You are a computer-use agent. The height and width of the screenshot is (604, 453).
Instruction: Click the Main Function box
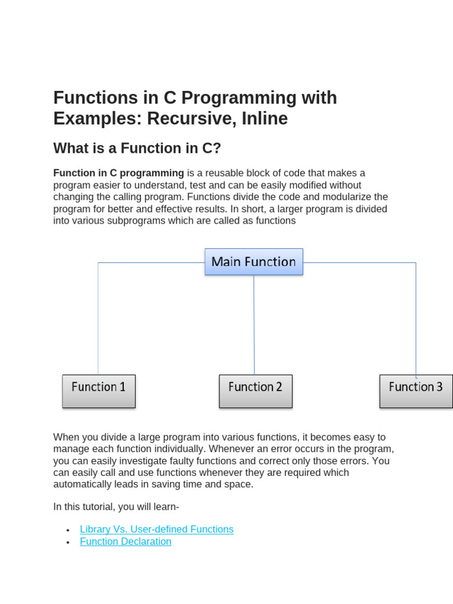point(254,262)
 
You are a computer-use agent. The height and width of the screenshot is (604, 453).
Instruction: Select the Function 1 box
point(99,390)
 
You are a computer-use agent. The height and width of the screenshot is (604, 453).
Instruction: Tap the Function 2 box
point(255,390)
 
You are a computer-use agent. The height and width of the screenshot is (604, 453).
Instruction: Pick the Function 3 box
point(416,390)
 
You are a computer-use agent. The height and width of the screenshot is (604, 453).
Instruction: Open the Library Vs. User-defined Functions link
point(156,529)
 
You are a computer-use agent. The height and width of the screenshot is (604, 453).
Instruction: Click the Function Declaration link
point(126,541)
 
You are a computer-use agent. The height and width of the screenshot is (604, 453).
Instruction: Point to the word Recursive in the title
point(183,119)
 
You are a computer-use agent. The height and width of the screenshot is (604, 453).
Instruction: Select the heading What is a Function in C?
point(137,148)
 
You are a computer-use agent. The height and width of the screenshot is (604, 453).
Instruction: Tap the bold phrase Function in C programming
point(119,173)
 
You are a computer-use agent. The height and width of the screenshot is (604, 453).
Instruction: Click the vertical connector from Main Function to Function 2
point(254,324)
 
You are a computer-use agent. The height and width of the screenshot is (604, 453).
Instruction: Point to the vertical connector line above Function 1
point(98,319)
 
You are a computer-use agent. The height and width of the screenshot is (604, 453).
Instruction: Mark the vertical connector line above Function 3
point(416,319)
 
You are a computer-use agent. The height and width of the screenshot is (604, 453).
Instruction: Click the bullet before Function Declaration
point(68,543)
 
